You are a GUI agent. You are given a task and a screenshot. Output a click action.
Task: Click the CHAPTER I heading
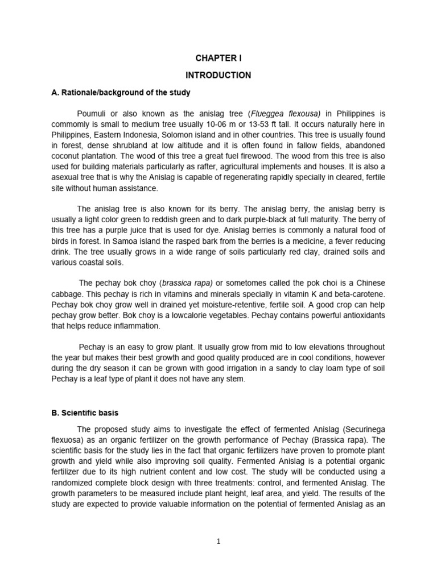coord(218,57)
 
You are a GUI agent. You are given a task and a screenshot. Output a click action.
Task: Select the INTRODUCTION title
coord(218,75)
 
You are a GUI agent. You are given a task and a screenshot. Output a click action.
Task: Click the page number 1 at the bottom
coord(218,542)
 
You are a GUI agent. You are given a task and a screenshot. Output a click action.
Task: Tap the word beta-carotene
coord(357,294)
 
